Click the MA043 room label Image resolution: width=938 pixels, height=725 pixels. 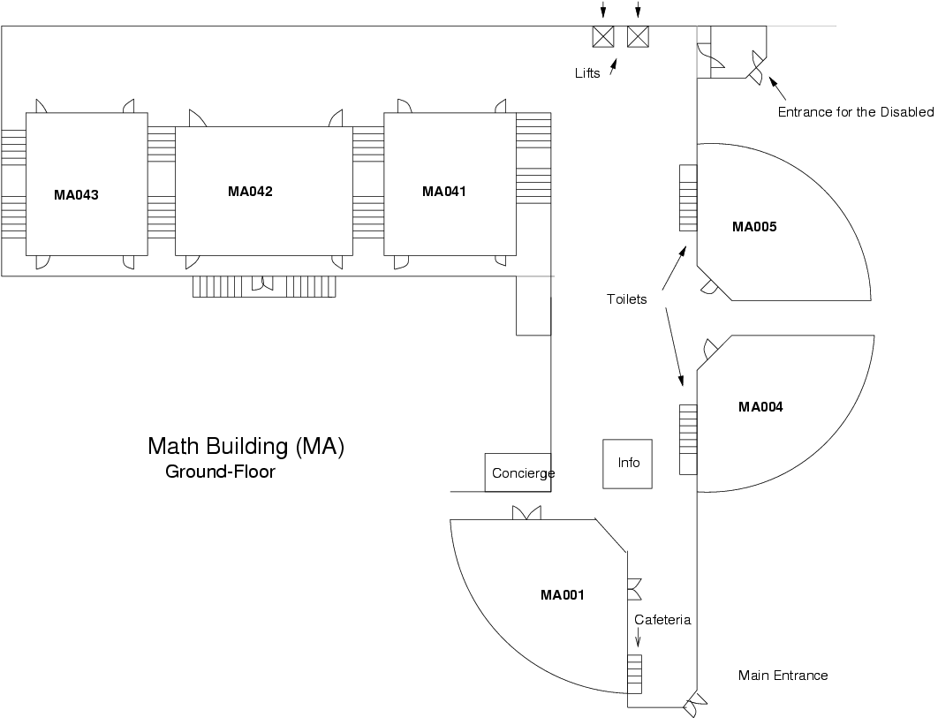[76, 195]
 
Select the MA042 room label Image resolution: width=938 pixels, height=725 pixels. [250, 192]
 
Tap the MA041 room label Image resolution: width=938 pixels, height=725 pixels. [443, 192]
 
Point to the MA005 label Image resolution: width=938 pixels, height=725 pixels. [754, 227]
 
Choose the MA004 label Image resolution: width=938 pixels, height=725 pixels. [760, 407]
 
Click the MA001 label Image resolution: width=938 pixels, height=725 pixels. [563, 595]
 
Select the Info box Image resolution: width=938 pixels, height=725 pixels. [628, 464]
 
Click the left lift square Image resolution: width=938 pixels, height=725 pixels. [603, 36]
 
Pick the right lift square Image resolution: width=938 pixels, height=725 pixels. [638, 36]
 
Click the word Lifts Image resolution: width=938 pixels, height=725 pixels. [587, 73]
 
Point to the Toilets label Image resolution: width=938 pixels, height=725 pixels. [627, 299]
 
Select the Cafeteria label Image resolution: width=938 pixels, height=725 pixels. [662, 620]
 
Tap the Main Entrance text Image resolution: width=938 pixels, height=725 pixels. [783, 676]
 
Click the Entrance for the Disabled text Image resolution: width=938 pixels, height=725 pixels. [855, 112]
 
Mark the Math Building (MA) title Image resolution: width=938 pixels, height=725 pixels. [246, 447]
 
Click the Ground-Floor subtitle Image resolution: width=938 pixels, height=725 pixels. [220, 472]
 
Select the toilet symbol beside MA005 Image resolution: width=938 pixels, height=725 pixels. [688, 198]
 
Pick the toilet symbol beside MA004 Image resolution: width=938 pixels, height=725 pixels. [688, 439]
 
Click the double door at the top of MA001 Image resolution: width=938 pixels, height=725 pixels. [526, 513]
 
